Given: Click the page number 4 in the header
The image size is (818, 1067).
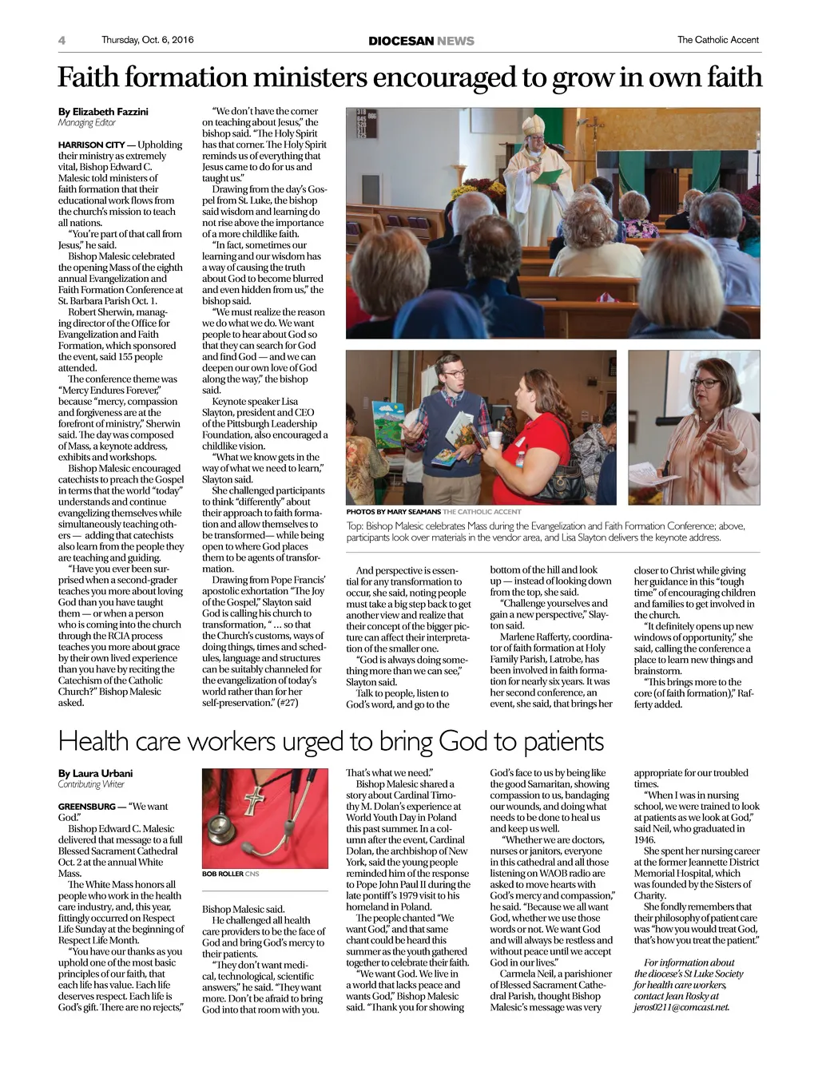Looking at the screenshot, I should pos(62,41).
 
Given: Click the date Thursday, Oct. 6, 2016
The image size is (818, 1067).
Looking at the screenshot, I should pos(147,40).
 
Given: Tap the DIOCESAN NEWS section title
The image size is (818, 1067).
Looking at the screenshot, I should pos(421,41).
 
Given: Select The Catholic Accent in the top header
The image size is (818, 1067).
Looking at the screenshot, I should pos(717,40).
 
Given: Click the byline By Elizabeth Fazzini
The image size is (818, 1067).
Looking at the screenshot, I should pos(103,112).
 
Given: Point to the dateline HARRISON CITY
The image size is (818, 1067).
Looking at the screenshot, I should pos(91,145).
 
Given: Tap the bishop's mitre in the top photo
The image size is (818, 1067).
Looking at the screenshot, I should pos(534,125).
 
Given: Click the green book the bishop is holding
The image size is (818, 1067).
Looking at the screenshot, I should pos(547,177).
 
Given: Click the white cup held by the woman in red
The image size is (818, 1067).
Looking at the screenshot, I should pos(494,439).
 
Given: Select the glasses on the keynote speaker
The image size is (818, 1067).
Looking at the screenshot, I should pos(704,383).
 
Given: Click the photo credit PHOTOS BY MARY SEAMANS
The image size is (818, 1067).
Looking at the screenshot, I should pos(393,511).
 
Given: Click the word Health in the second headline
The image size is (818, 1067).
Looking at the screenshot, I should pos(93,742).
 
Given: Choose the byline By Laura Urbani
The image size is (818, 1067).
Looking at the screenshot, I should pos(95,773).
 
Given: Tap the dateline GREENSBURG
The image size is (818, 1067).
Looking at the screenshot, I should pos(86,807).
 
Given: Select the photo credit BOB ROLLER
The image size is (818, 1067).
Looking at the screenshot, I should pos(222,874).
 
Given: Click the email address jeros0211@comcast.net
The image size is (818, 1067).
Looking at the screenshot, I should pos(681,1007).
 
